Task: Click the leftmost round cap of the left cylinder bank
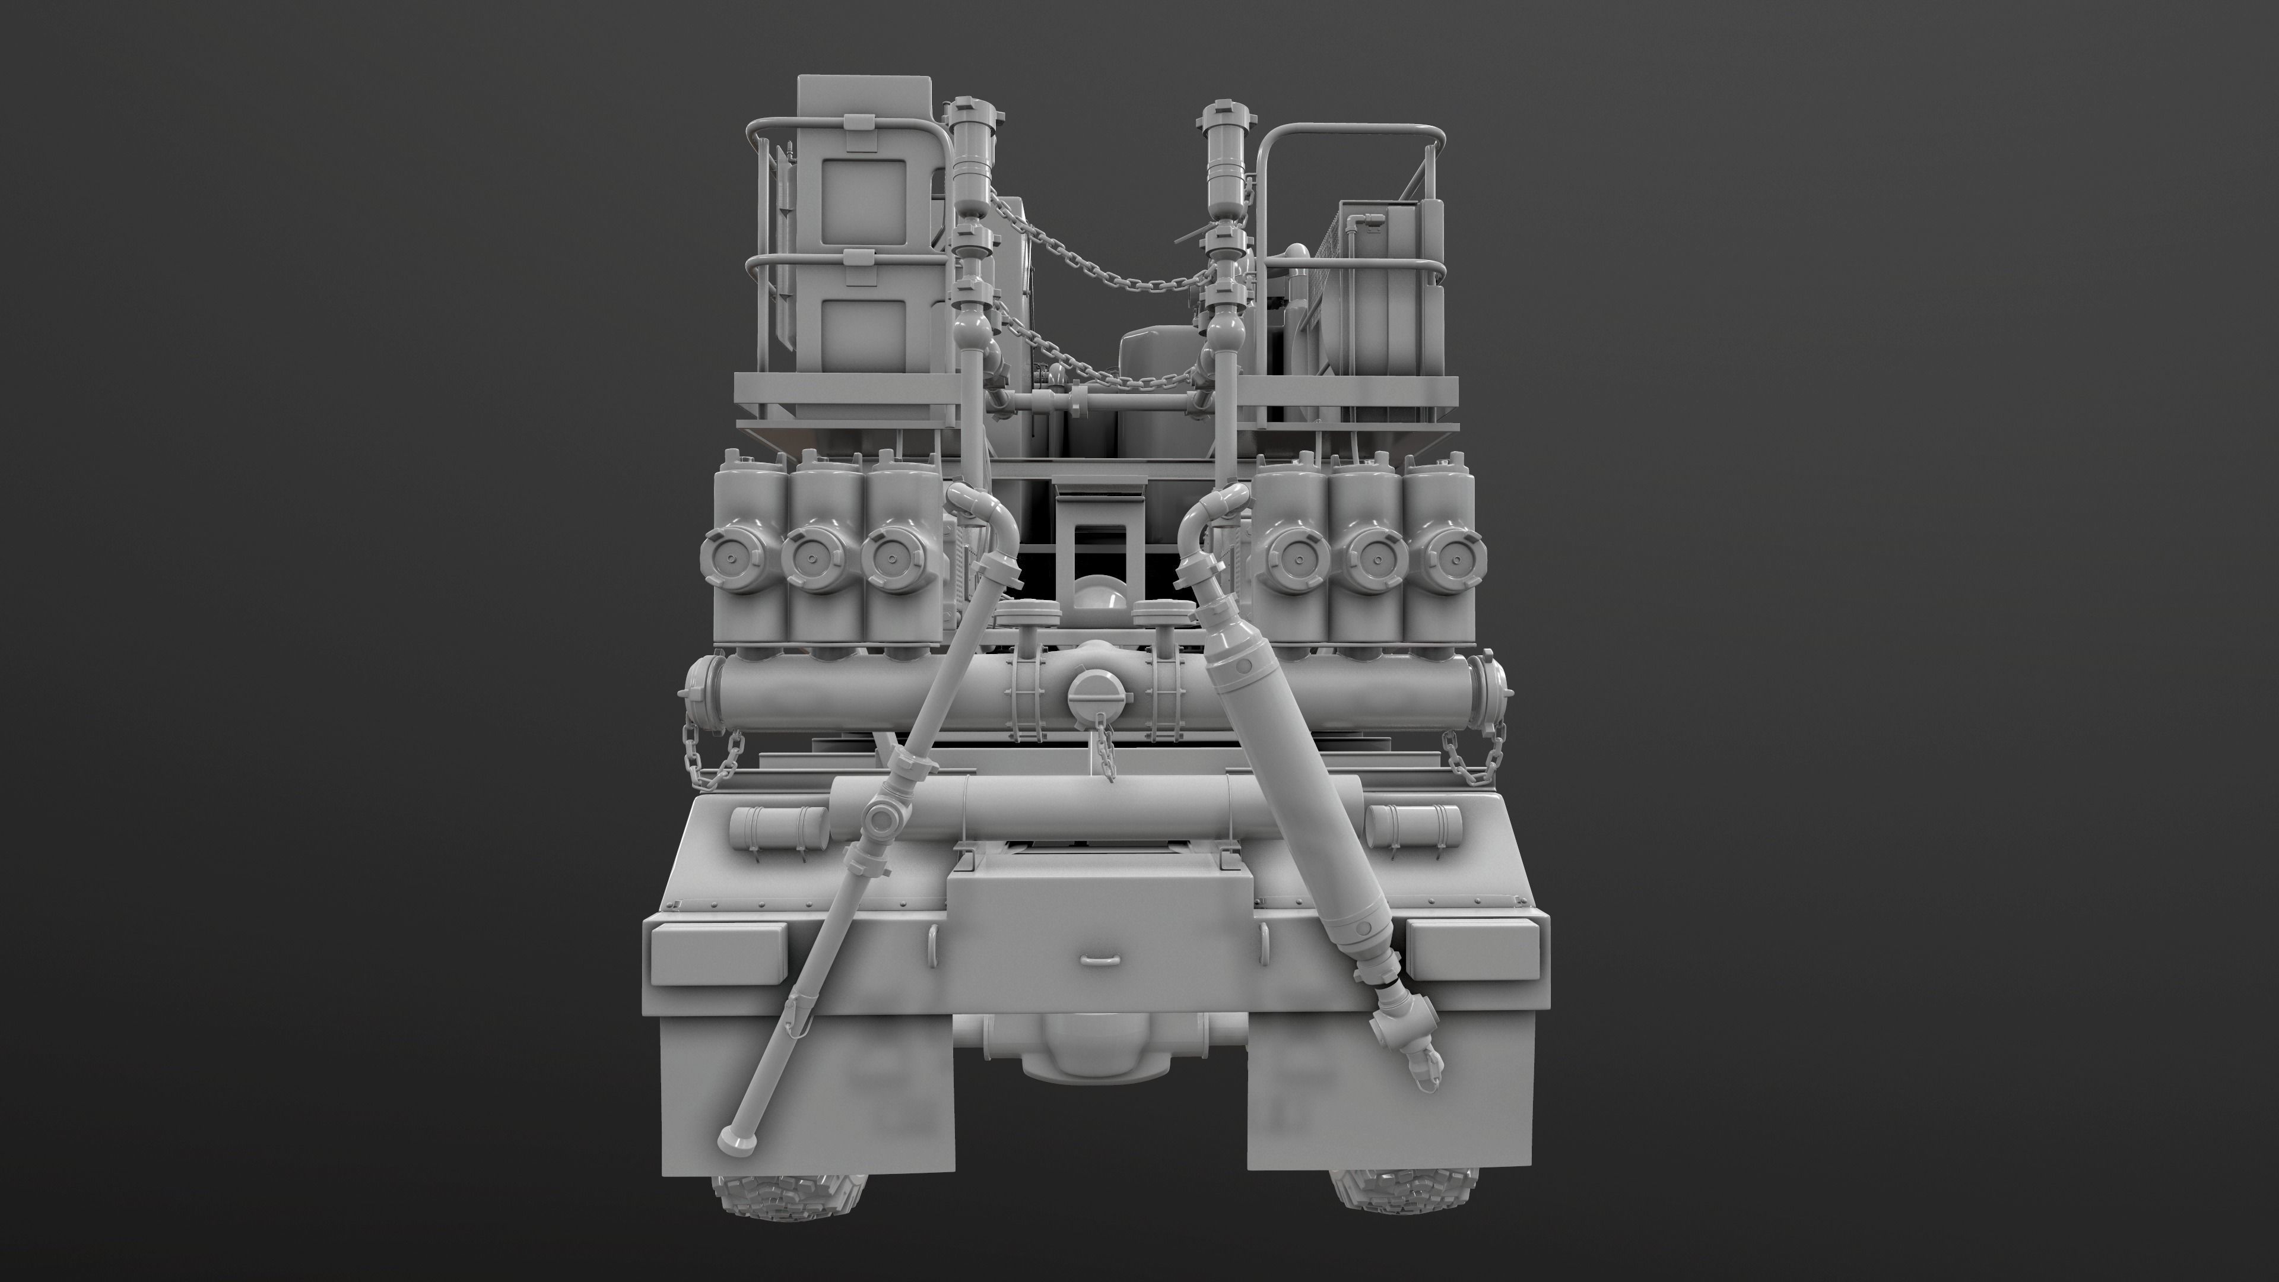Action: (728, 555)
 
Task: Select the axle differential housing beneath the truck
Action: (1093, 1062)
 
